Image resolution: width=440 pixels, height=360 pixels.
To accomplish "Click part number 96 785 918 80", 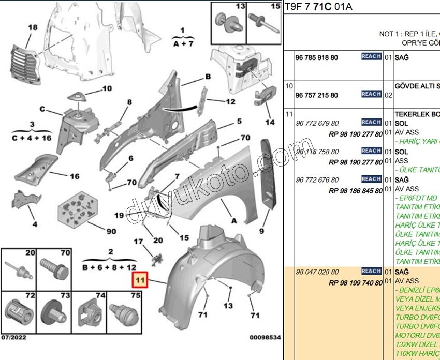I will pyautogui.click(x=316, y=57).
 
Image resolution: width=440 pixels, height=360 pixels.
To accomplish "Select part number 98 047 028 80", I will pyautogui.click(x=316, y=272).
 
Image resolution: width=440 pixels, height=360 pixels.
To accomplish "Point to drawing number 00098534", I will pyautogui.click(x=265, y=338).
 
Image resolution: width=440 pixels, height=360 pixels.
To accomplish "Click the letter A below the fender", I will pyautogui.click(x=234, y=221).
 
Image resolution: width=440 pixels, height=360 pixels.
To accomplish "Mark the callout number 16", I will pyautogui.click(x=75, y=176).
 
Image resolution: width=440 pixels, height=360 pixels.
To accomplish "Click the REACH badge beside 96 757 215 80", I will pyautogui.click(x=371, y=94).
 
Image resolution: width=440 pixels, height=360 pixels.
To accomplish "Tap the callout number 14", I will pyautogui.click(x=270, y=123).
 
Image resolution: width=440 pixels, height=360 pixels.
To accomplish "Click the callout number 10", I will pyautogui.click(x=107, y=88).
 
